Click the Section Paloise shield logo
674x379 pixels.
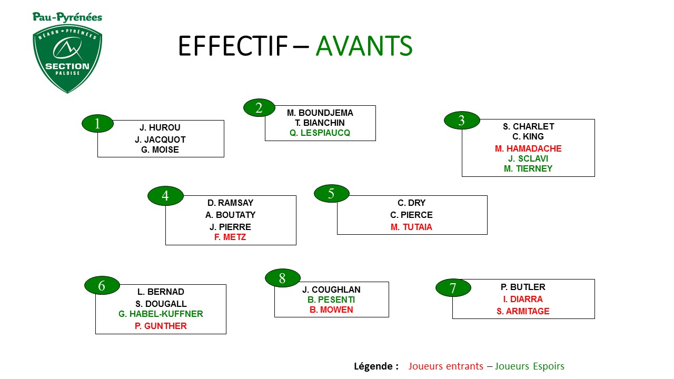point(67,58)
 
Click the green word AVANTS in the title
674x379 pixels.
point(364,46)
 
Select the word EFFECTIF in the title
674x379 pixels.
point(233,46)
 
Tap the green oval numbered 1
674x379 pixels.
point(97,123)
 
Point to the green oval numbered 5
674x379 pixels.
point(332,193)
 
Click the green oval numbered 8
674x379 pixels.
point(283,278)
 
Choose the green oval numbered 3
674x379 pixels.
point(462,121)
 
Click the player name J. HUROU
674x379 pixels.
point(160,127)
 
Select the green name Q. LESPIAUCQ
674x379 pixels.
point(320,133)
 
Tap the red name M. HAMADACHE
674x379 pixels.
point(528,148)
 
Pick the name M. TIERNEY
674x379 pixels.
point(528,169)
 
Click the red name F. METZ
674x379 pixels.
point(230,237)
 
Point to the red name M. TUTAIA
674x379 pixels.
point(411,227)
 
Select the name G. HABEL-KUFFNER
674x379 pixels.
point(161,314)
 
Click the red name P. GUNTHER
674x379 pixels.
point(161,326)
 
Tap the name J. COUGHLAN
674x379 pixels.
point(331,290)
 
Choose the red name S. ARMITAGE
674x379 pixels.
point(523,311)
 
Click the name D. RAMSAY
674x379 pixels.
point(231,203)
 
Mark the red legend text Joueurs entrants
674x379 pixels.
point(445,366)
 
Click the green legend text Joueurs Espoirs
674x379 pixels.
point(530,366)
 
